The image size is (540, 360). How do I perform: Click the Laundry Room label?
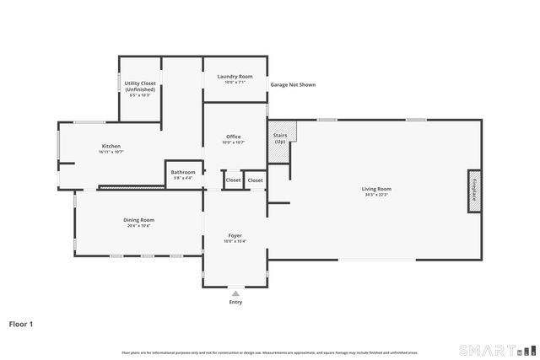click(x=234, y=77)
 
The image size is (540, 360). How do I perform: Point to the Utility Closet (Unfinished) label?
click(x=140, y=86)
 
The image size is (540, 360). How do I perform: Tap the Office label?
click(x=233, y=137)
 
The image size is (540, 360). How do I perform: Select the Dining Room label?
click(x=138, y=220)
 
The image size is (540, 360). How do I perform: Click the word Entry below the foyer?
click(x=235, y=302)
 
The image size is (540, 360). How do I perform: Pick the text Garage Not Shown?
click(x=293, y=85)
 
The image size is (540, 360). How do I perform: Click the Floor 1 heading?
click(x=22, y=323)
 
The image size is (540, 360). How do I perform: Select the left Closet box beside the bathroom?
click(x=233, y=180)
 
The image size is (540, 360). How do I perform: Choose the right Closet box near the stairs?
click(x=255, y=180)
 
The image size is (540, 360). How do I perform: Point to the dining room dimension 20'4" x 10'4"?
click(x=138, y=226)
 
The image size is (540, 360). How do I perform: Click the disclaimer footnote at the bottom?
click(x=269, y=352)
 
